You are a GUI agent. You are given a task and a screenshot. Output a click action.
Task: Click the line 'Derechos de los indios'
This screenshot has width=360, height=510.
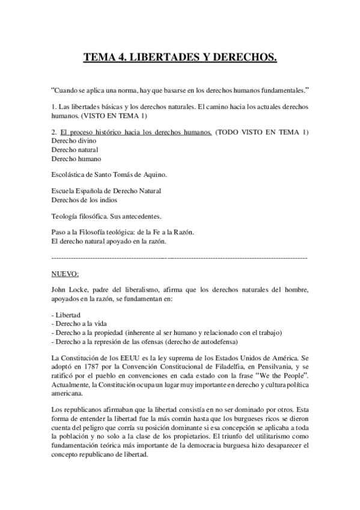(85, 200)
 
